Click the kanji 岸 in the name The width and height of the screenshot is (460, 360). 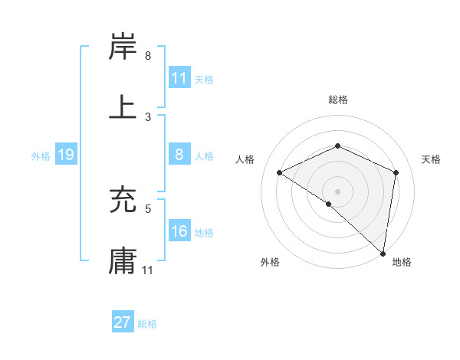coord(123,47)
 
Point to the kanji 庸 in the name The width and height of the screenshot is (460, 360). coord(123,260)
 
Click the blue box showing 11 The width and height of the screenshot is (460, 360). coord(179,78)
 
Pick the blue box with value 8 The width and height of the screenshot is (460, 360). coord(179,155)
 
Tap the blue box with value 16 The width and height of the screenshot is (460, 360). coord(179,231)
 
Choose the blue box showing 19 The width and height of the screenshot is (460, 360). coord(66,155)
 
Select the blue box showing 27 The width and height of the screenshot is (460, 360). coord(123,322)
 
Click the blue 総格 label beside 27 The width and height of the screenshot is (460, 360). coord(147,324)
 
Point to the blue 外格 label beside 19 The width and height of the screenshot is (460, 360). coord(41,156)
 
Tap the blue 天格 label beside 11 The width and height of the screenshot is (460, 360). coord(204,79)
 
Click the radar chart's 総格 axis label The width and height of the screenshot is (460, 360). coord(337,100)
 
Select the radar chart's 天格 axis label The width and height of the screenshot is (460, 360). coord(431,159)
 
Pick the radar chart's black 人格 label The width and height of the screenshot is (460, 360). coord(245,159)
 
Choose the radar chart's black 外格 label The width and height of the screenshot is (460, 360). coord(269,262)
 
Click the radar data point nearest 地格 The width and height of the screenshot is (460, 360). coord(383,253)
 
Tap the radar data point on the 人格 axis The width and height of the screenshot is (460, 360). coord(280,173)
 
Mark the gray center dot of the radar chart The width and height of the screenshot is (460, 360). coord(337,191)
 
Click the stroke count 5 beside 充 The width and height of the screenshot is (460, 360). coord(148,208)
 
